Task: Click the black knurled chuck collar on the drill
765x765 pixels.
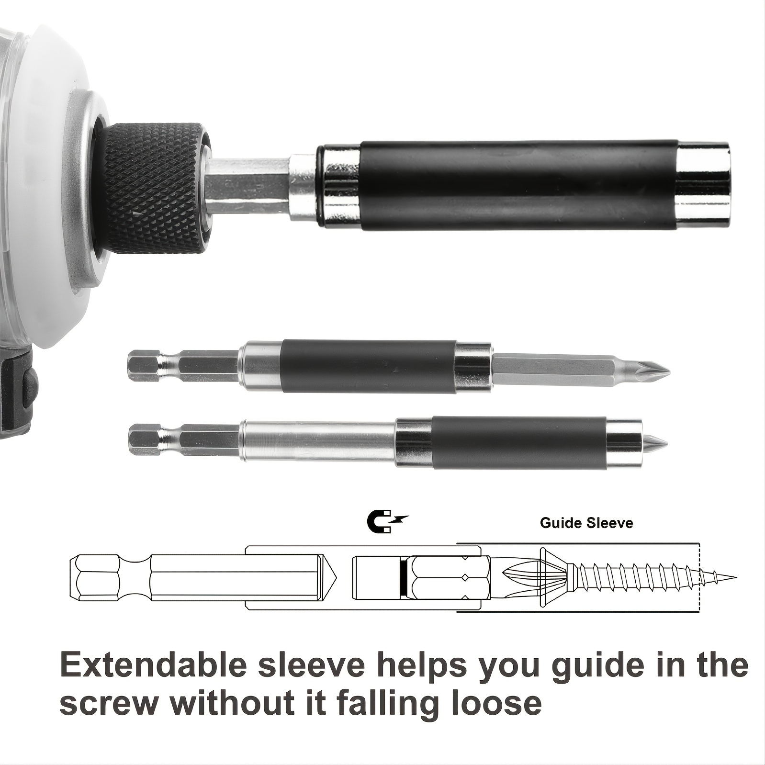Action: coord(156,187)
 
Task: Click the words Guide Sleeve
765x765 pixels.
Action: coord(586,523)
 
